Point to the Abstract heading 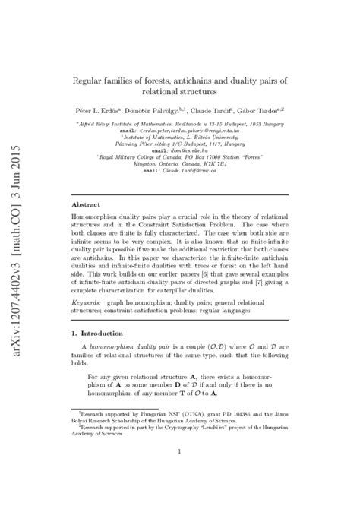[85, 204]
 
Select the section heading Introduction [109, 333]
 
